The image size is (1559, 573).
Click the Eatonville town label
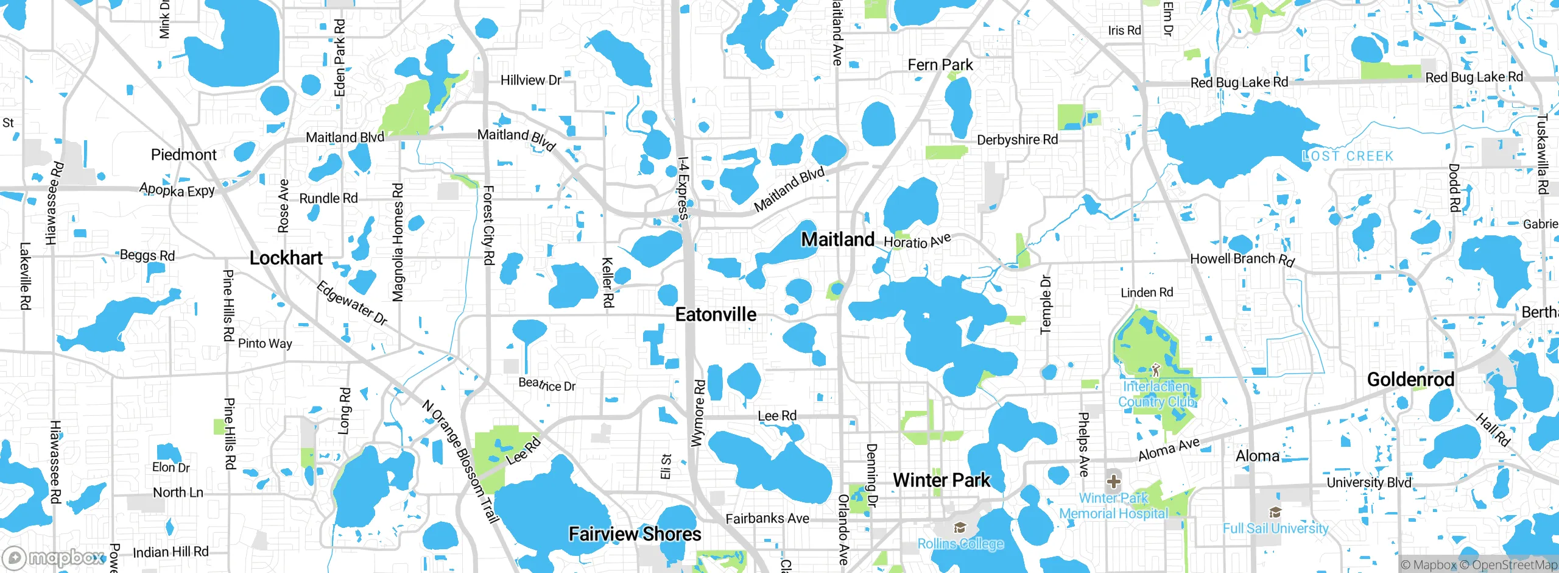716,315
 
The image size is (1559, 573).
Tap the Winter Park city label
941,480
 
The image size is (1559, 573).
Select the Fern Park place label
940,65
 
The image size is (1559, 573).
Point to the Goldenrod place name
1410,380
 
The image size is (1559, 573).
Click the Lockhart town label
286,258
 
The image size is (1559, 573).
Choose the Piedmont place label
183,155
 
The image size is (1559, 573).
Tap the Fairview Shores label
635,534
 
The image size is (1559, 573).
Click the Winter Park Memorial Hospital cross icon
1113,482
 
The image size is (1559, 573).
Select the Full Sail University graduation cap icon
1275,512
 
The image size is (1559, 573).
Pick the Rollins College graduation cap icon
960,527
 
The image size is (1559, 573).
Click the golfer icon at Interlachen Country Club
1156,369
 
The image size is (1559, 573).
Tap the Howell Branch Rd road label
1242,259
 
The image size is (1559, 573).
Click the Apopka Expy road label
177,190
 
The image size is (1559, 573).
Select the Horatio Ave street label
917,241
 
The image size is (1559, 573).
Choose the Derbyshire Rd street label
1017,140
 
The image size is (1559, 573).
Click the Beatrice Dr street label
547,384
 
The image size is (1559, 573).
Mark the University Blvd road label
1369,482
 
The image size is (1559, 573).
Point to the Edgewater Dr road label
352,303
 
